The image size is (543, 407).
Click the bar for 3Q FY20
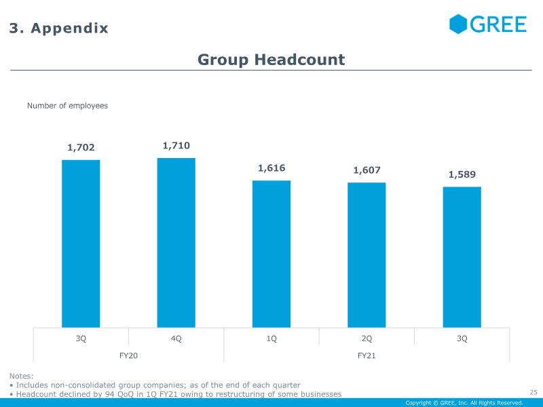(x=81, y=244)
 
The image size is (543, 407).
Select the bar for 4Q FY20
(x=176, y=243)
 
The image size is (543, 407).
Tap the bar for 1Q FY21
(x=271, y=254)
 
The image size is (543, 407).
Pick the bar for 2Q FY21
(x=367, y=255)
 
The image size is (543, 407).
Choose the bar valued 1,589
(x=462, y=257)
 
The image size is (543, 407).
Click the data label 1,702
(x=81, y=147)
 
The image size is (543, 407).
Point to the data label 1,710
(x=176, y=145)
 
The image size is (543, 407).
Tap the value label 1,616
(x=271, y=168)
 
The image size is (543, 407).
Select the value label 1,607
(x=367, y=170)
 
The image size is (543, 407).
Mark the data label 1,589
(x=462, y=174)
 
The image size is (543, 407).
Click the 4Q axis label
(x=176, y=338)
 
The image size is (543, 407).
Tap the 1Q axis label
(x=271, y=338)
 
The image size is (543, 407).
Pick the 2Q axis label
(x=367, y=338)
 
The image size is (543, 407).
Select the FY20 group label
(x=128, y=355)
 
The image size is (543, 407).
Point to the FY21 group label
(x=367, y=355)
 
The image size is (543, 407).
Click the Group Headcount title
(x=271, y=60)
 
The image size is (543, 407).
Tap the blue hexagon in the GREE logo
(x=459, y=24)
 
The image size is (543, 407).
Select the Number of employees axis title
(x=67, y=106)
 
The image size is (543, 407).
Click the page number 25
(x=533, y=391)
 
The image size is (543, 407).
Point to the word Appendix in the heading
(x=69, y=28)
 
